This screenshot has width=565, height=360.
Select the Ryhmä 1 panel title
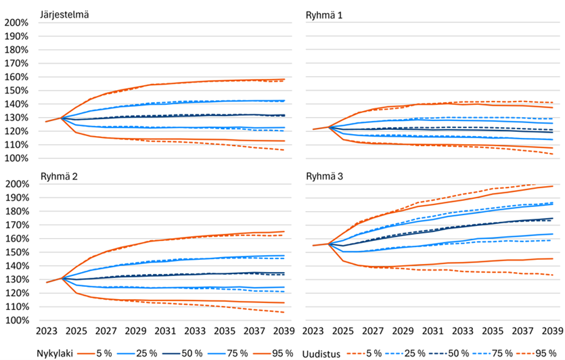pyautogui.click(x=326, y=14)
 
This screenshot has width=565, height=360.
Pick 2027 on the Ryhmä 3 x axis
pyautogui.click(x=372, y=331)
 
